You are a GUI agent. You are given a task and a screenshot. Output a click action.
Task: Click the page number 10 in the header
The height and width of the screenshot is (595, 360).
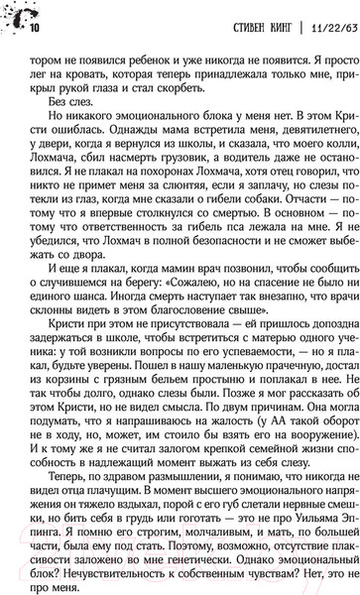coord(35,27)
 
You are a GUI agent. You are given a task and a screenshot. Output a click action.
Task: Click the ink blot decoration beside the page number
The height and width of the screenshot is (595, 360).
coord(17,15)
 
